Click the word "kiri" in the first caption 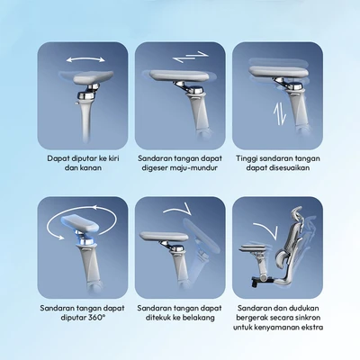click(112, 158)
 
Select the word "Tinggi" click(247, 158)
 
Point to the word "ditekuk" click(158, 318)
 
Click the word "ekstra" click(312, 327)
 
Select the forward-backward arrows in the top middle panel click(191, 57)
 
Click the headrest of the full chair click(296, 217)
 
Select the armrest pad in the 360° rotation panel click(81, 224)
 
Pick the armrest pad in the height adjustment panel click(279, 72)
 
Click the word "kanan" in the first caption click(92, 167)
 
